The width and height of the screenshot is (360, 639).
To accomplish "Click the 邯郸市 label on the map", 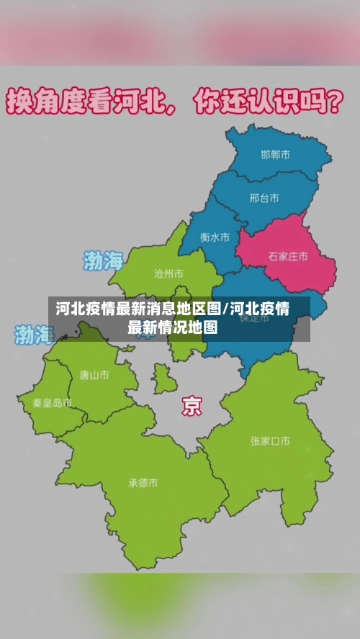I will [x=276, y=155].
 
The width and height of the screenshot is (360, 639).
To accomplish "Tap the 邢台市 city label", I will [x=264, y=198].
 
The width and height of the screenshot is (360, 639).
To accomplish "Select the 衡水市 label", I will [x=215, y=236].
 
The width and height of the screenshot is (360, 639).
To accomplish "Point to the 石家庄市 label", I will [x=288, y=255].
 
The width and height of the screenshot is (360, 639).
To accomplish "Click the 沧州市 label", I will [x=168, y=273].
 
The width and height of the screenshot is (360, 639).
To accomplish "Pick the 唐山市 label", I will [x=94, y=375].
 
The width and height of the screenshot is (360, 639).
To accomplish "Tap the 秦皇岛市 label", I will [x=52, y=403].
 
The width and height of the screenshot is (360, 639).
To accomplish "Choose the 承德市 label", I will [x=143, y=483].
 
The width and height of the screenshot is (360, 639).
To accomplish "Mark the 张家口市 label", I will [x=270, y=441].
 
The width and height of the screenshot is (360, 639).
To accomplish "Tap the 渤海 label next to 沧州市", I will [x=104, y=260].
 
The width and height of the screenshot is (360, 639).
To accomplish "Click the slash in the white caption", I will [x=226, y=309].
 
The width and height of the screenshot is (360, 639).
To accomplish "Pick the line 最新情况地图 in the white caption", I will [x=172, y=328].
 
